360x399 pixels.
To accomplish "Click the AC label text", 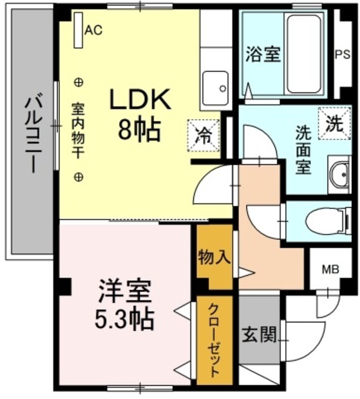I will (x=94, y=29).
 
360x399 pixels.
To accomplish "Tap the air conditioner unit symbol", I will (x=78, y=30).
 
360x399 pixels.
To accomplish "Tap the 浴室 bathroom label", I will (x=262, y=54).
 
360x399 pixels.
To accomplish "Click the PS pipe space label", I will (x=343, y=54).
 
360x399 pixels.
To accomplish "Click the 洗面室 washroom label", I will (x=304, y=150).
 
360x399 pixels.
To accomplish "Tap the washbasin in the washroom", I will (x=339, y=175).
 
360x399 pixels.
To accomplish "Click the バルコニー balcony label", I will (x=30, y=133).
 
